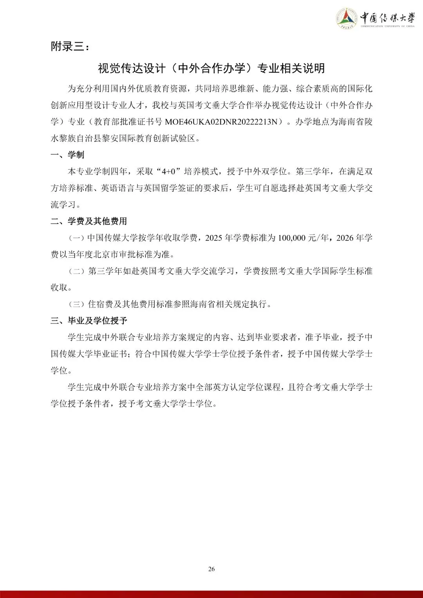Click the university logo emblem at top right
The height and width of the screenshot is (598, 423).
click(x=347, y=18)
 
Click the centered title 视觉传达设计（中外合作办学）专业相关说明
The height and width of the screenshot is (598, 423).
click(x=211, y=69)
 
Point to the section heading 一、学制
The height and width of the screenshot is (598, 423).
click(x=67, y=155)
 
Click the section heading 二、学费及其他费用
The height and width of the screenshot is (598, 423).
click(x=89, y=221)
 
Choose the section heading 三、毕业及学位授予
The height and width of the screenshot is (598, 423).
click(x=89, y=321)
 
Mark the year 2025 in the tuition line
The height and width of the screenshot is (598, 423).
click(x=214, y=238)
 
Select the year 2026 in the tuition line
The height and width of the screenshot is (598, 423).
click(x=344, y=238)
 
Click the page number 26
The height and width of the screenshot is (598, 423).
click(x=211, y=569)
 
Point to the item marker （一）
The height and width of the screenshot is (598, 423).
click(x=77, y=238)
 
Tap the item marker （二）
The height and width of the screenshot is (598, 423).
click(x=77, y=271)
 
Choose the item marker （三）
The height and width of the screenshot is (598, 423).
click(x=77, y=304)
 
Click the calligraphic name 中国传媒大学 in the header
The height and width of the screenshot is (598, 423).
click(x=387, y=18)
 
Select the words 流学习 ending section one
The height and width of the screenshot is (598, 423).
click(x=63, y=205)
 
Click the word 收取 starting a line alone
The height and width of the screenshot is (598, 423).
click(x=59, y=288)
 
